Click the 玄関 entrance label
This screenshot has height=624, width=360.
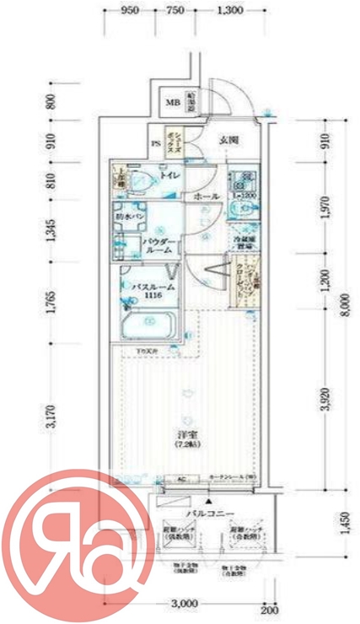228,140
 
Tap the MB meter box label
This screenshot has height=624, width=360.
172,104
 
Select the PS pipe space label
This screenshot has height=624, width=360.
156,143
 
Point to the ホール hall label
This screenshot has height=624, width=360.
207,196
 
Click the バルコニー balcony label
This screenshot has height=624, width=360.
203,512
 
